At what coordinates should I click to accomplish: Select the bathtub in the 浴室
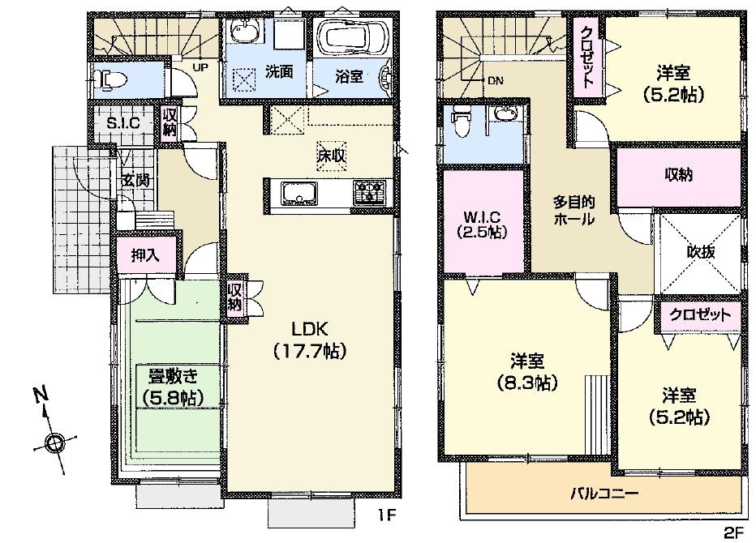[x=353, y=37]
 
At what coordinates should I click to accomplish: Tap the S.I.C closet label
[x=124, y=123]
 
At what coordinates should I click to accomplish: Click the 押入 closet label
[x=145, y=255]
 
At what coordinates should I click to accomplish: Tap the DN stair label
[x=495, y=81]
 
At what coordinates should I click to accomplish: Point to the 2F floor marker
[x=732, y=532]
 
